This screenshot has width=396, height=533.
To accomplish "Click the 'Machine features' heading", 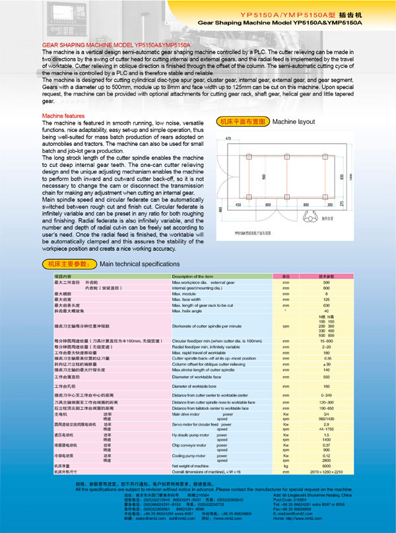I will point(63,115).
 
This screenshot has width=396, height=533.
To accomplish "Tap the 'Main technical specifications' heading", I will point(139,264).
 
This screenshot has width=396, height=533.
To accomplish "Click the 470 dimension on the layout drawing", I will point(228,139).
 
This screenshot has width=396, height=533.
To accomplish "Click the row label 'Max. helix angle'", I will point(191,311).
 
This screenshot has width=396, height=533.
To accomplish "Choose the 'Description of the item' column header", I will point(193,276).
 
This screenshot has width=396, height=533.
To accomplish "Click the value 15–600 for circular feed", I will point(325,340).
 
